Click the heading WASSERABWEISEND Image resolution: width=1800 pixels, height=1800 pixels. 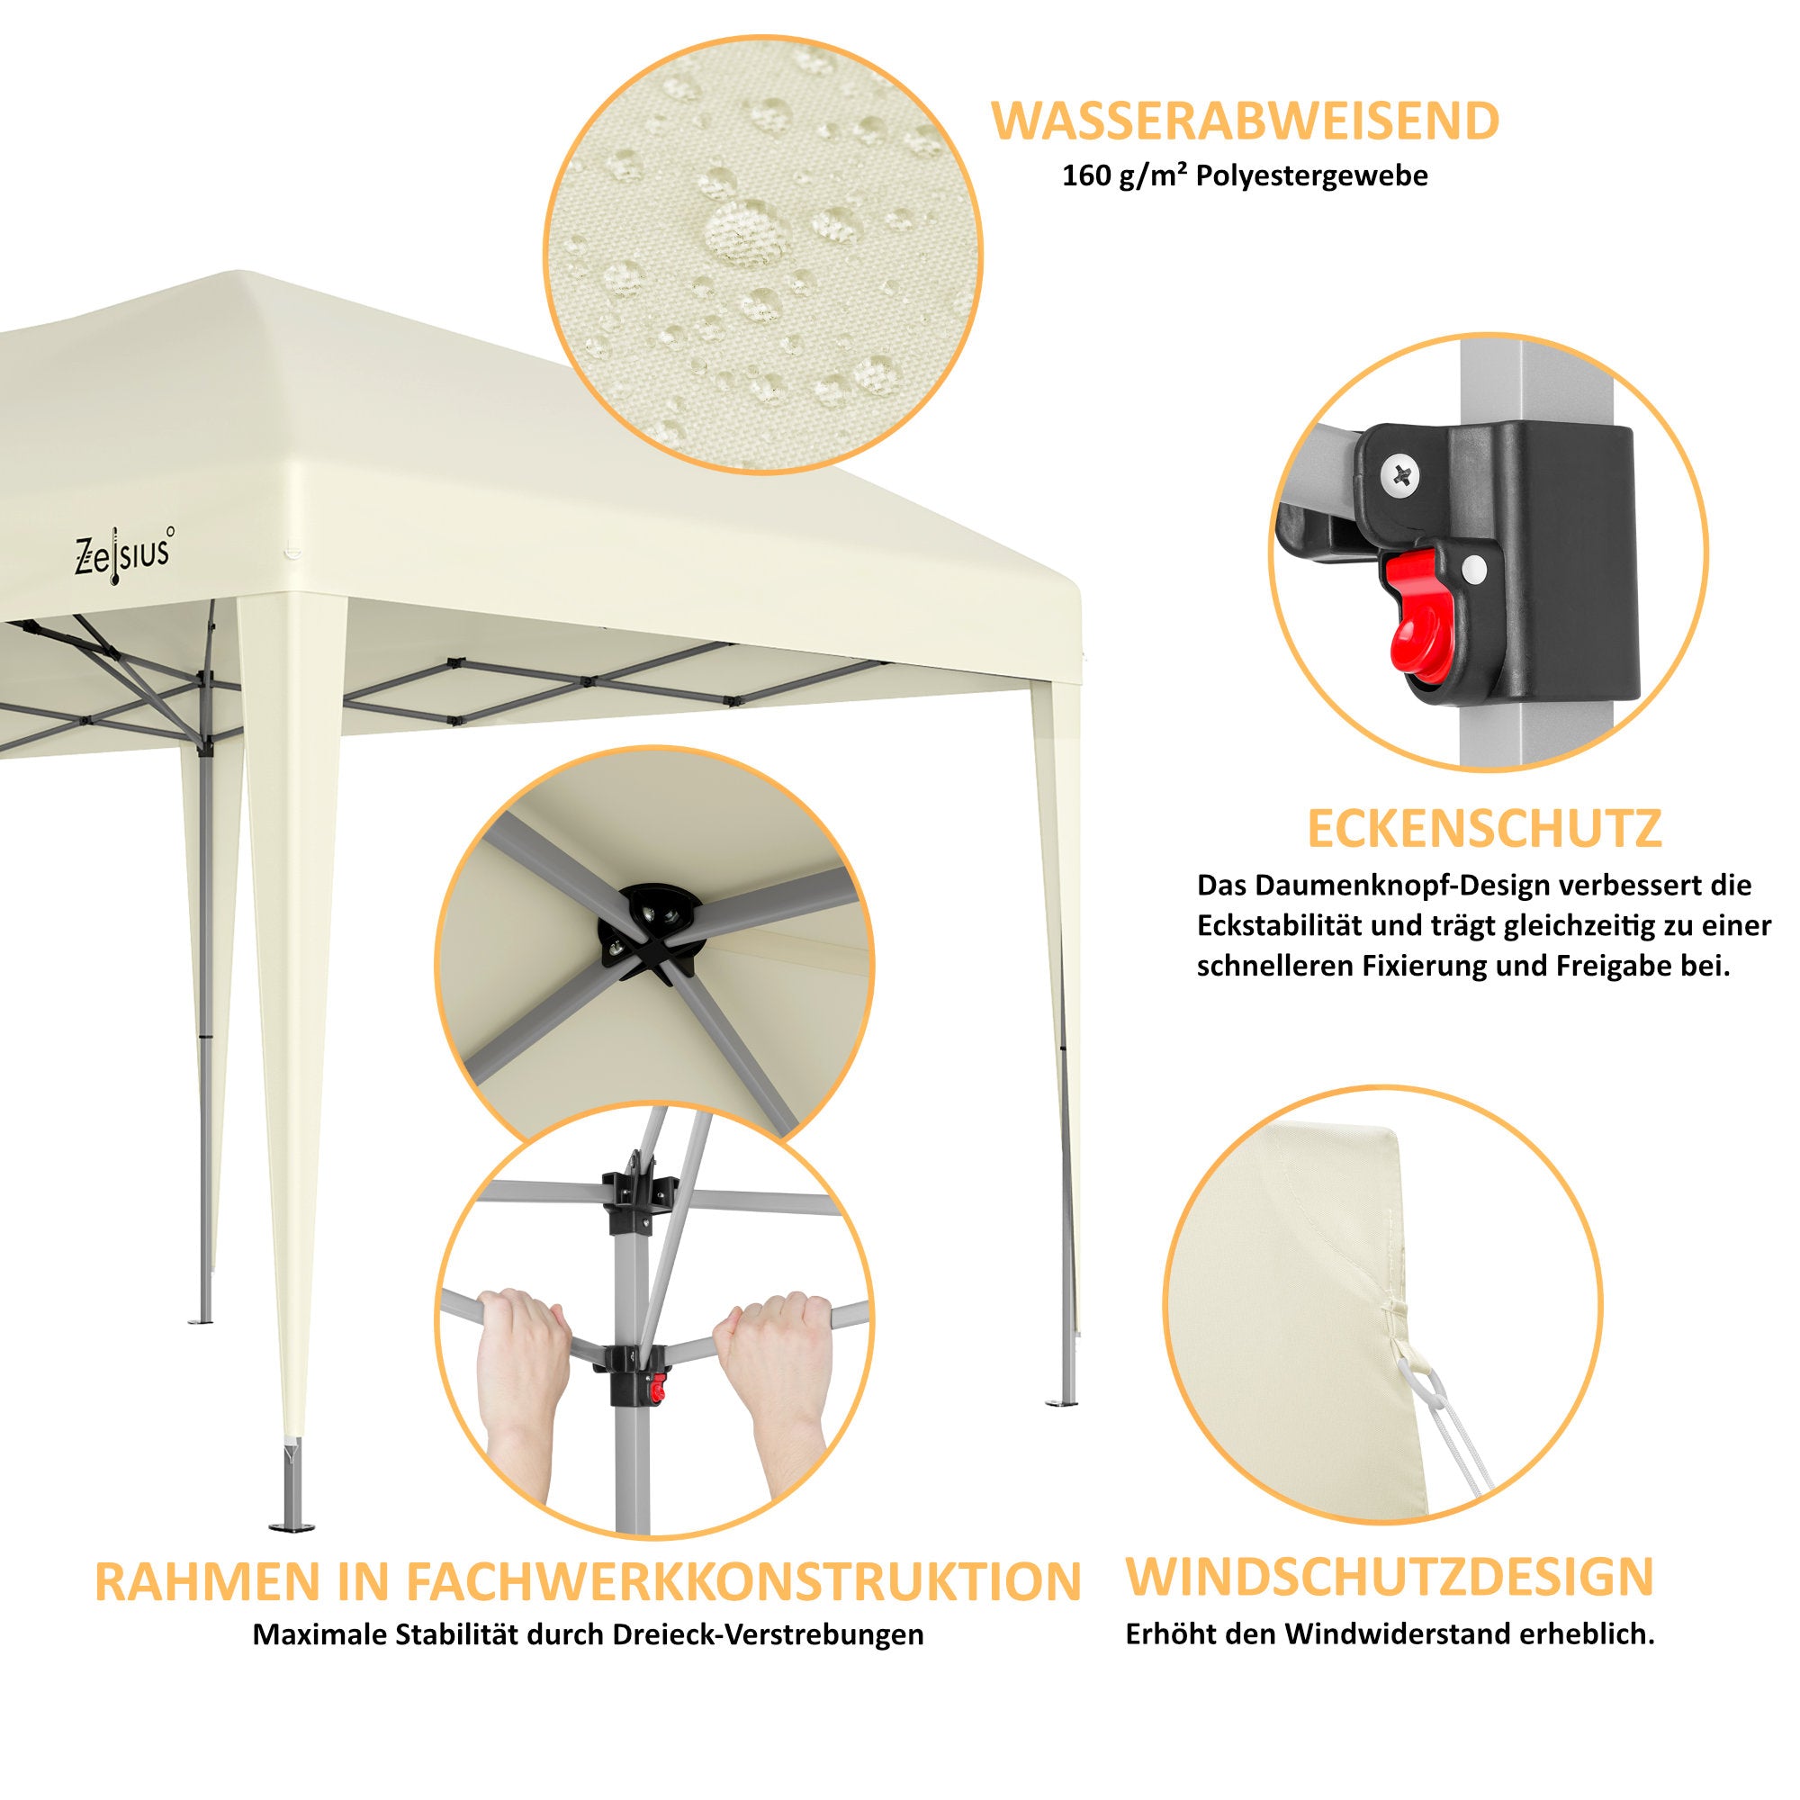(1245, 122)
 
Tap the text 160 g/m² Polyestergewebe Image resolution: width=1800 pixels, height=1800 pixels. (1245, 177)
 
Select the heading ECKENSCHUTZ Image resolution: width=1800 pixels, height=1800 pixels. (1485, 828)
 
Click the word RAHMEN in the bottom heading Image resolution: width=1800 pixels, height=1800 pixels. (201, 1582)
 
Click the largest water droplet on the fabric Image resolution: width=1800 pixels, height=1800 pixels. (735, 229)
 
